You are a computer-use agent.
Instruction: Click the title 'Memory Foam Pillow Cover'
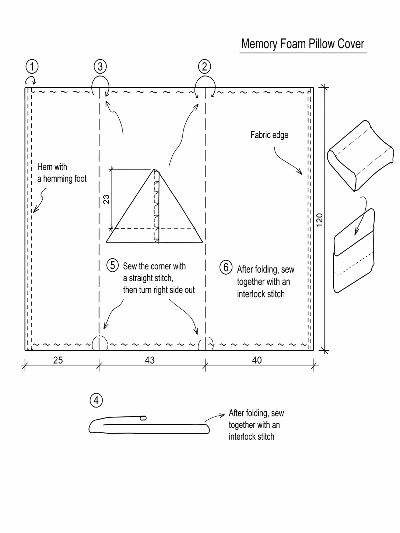(x=302, y=44)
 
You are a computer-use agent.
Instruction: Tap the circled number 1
(x=32, y=67)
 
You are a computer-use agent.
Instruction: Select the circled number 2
(x=204, y=67)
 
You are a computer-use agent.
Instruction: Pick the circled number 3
(x=100, y=67)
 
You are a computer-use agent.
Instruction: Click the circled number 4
(x=96, y=400)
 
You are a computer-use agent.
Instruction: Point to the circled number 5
(x=112, y=265)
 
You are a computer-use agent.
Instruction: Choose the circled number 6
(x=226, y=267)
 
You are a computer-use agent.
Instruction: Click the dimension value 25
(x=58, y=360)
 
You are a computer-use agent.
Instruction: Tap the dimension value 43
(x=150, y=360)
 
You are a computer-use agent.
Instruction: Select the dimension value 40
(x=257, y=360)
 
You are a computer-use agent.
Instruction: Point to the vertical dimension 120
(x=319, y=220)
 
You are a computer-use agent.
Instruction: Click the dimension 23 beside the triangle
(x=106, y=199)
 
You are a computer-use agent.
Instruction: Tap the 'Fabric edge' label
(x=269, y=135)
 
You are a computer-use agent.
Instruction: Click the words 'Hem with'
(x=52, y=167)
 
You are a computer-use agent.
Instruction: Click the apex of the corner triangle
(x=154, y=170)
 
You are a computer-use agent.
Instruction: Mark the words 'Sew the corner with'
(x=154, y=266)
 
